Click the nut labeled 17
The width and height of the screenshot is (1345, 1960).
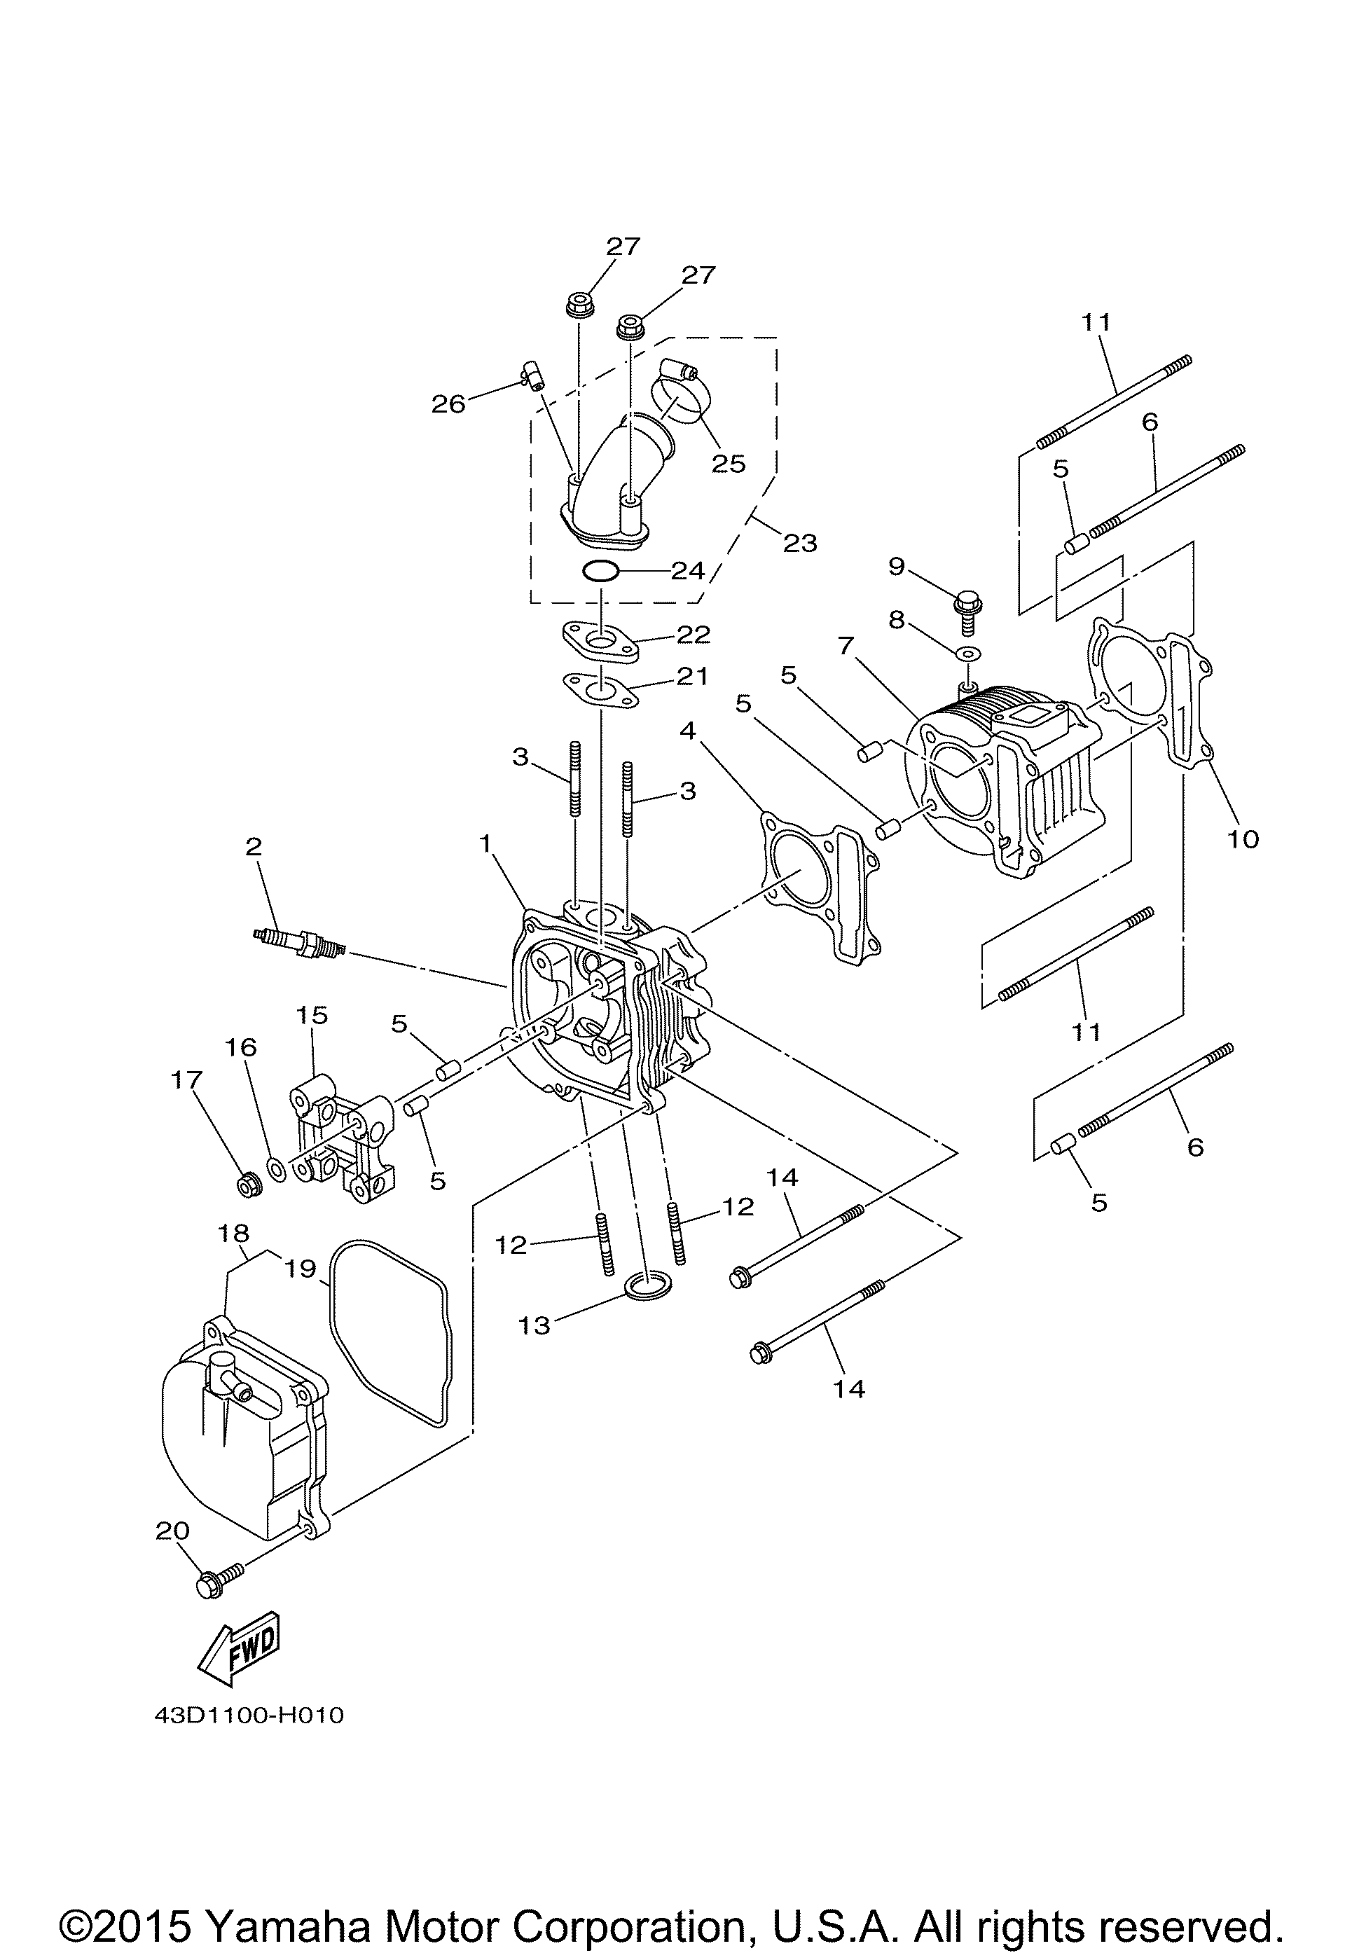tap(248, 1186)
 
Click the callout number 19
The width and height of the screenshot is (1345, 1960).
tap(301, 1269)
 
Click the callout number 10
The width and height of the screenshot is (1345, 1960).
tap(1243, 838)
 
